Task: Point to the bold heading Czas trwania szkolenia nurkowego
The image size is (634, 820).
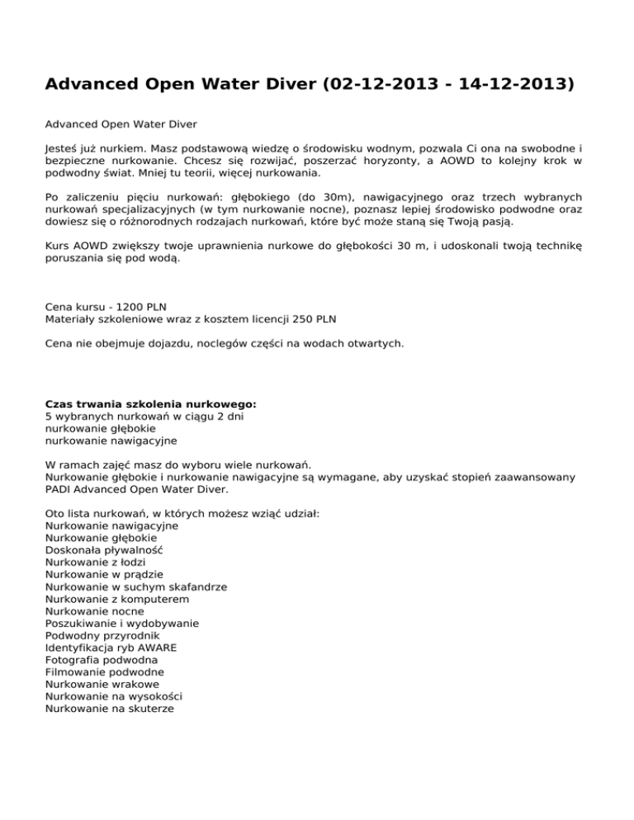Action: [151, 404]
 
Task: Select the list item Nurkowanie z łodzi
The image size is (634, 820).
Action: [96, 561]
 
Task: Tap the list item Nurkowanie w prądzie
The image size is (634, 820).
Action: [105, 573]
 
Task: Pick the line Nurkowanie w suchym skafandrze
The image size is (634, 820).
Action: [136, 587]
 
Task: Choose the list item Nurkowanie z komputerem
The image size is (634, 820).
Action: [117, 599]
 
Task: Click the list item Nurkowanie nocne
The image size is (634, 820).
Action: [94, 611]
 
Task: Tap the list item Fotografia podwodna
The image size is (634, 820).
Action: [102, 660]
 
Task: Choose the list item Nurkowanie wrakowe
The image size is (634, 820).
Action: [102, 684]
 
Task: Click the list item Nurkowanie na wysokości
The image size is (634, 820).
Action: [114, 696]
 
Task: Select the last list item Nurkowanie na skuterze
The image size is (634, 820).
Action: [110, 708]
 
